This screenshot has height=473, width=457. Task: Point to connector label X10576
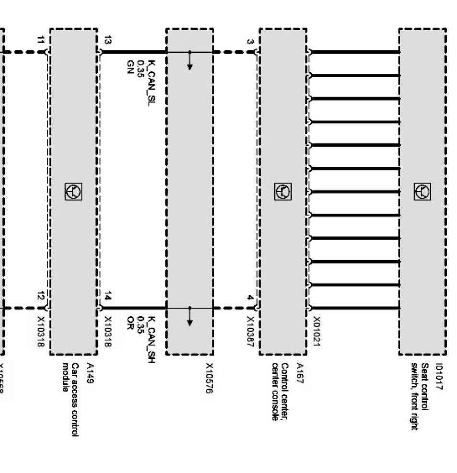[209, 378]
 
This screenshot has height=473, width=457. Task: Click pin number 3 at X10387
[250, 42]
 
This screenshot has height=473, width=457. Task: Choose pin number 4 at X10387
[250, 298]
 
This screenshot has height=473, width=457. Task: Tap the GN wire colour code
[129, 65]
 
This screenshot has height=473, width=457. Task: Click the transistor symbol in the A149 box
[73, 192]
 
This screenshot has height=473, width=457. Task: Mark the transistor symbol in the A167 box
[283, 192]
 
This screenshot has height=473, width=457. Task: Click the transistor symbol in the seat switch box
[422, 192]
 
